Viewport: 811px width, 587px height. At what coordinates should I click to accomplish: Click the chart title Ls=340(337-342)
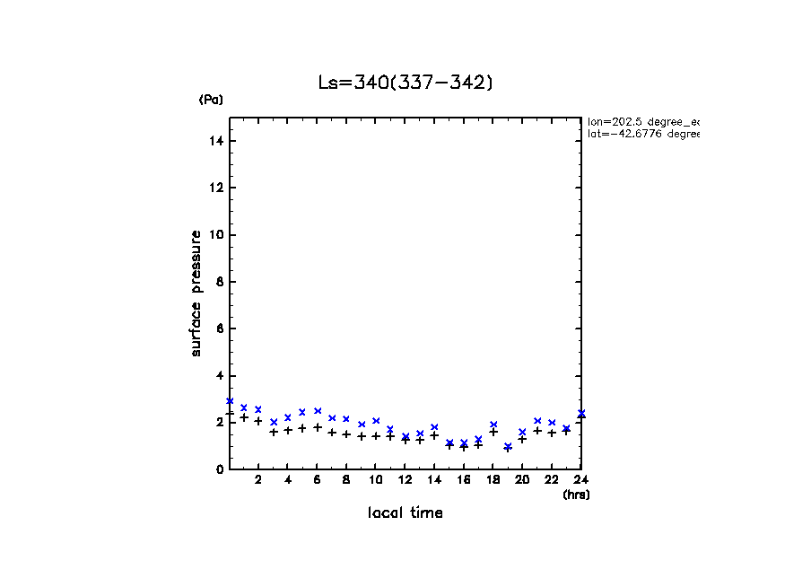(405, 83)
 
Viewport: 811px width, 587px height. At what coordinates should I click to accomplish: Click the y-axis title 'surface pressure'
(196, 293)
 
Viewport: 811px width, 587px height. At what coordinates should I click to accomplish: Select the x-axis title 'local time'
(405, 513)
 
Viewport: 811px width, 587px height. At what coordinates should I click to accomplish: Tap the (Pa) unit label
(211, 100)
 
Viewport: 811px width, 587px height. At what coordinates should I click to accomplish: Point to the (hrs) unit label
(576, 495)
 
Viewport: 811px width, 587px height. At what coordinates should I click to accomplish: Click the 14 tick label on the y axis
(217, 141)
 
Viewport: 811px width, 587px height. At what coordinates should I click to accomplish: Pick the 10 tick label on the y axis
(217, 235)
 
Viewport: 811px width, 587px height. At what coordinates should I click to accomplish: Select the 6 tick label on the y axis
(220, 329)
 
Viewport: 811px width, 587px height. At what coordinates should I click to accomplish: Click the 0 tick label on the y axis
(220, 469)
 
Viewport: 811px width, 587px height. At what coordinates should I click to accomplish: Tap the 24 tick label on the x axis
(581, 480)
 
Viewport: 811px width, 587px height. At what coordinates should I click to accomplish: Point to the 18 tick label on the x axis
(493, 480)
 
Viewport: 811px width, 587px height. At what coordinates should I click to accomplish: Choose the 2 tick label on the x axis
(258, 480)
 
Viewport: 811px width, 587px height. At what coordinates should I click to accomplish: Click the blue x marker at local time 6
(318, 411)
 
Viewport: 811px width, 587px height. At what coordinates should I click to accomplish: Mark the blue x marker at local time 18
(493, 425)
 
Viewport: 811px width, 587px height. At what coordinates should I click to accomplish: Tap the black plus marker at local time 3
(274, 433)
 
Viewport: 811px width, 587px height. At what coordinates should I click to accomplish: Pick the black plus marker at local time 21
(537, 431)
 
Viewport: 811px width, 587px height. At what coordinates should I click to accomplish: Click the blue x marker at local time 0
(230, 401)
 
